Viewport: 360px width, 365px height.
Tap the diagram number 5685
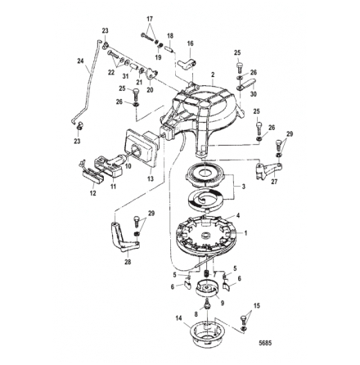pos(265,343)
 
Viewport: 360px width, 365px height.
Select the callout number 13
pos(151,178)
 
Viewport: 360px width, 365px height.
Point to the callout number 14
pos(178,318)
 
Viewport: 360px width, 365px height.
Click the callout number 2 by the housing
pos(213,74)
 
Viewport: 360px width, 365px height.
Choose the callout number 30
pos(254,94)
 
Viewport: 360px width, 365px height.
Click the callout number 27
pos(274,182)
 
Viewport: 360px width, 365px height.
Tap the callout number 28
pos(128,262)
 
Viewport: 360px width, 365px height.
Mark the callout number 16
pos(190,43)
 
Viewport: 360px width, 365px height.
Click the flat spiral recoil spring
pos(205,201)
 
